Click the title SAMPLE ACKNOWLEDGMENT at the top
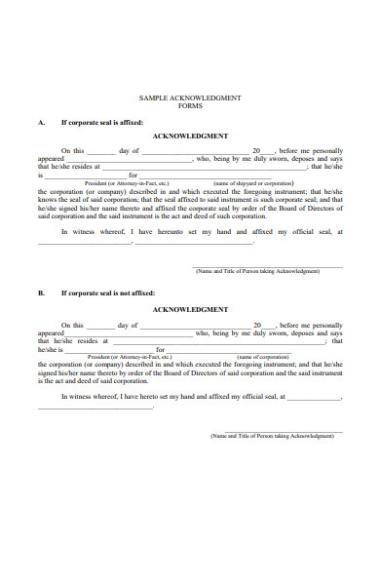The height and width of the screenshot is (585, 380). pyautogui.click(x=190, y=98)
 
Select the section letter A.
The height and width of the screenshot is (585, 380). pyautogui.click(x=41, y=124)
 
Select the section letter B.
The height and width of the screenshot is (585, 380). pyautogui.click(x=41, y=292)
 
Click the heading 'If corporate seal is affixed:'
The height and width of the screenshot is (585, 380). pyautogui.click(x=103, y=124)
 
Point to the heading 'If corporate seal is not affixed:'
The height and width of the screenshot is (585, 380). pyautogui.click(x=109, y=292)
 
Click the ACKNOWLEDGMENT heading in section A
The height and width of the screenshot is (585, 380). pyautogui.click(x=190, y=136)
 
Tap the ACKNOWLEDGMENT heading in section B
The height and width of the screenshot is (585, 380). pyautogui.click(x=190, y=309)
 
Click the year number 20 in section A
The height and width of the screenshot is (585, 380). pyautogui.click(x=256, y=151)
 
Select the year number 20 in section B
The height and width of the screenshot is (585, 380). pyautogui.click(x=256, y=325)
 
